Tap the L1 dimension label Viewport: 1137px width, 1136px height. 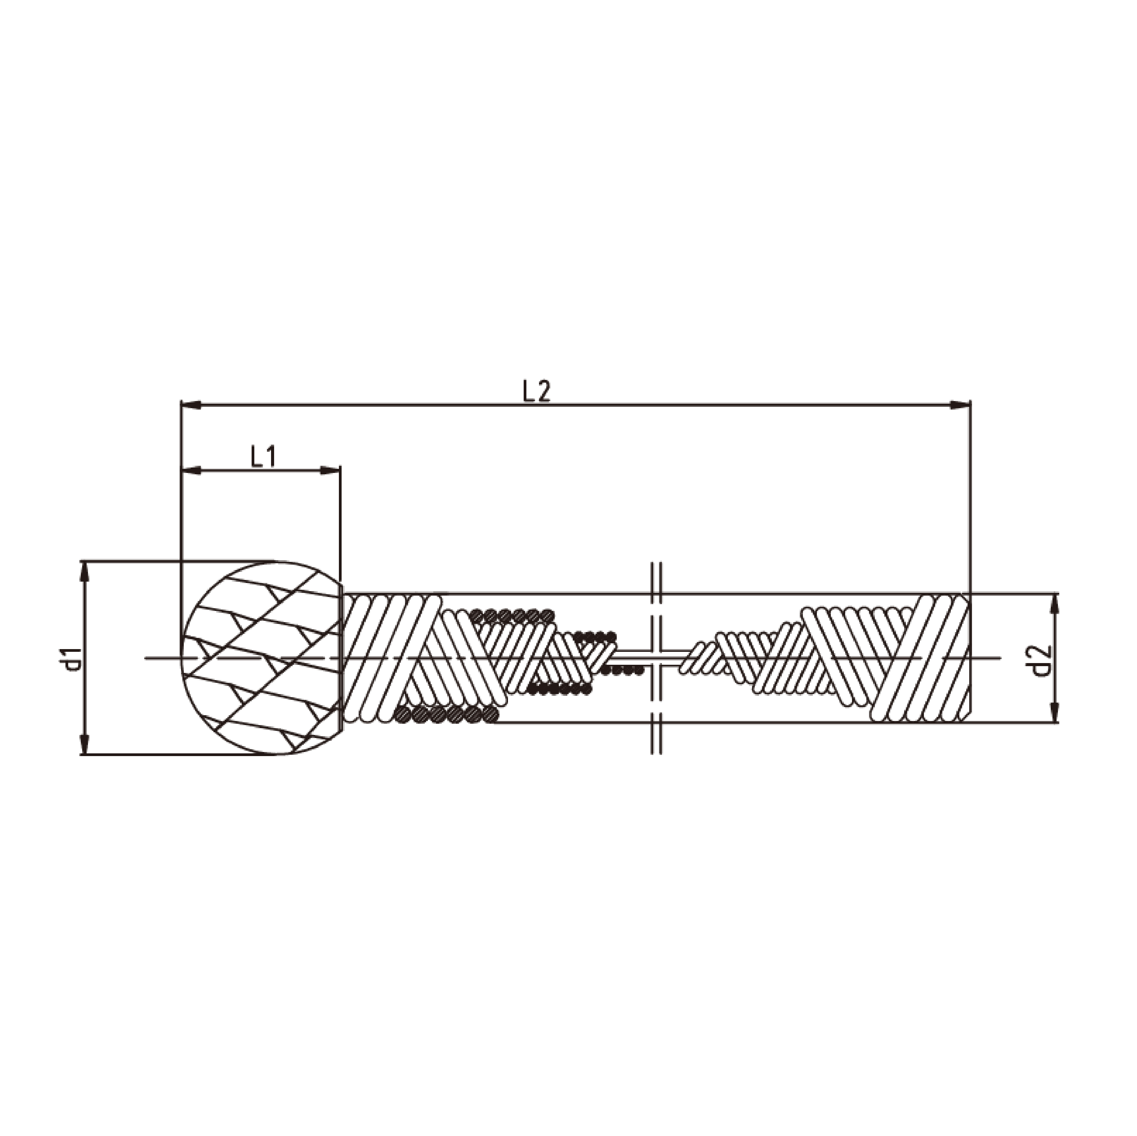(263, 457)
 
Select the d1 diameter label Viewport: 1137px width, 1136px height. (72, 658)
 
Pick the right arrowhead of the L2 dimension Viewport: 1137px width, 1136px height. (959, 405)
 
